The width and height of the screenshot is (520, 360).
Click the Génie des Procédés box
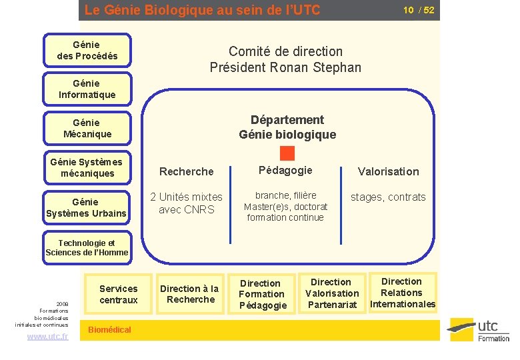click(87, 51)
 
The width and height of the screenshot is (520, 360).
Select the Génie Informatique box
click(87, 89)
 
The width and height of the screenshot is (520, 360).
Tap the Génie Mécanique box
click(87, 128)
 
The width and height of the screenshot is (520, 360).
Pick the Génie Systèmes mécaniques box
click(87, 167)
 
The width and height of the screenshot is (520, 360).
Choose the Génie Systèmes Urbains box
click(87, 207)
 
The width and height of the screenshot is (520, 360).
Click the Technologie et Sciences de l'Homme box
click(87, 247)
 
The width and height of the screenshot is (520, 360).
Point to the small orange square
click(287, 153)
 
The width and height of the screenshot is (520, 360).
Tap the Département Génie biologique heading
click(287, 127)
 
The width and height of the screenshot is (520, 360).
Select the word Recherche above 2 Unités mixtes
click(187, 171)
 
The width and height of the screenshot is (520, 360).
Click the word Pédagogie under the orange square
click(285, 170)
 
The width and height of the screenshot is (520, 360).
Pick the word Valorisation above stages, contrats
click(388, 171)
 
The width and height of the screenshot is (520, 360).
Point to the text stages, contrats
click(388, 197)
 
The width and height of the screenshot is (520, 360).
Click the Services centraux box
click(119, 294)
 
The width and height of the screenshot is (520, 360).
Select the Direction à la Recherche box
click(190, 294)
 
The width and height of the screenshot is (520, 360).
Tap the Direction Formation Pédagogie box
click(262, 294)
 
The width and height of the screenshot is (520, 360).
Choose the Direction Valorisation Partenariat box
click(331, 293)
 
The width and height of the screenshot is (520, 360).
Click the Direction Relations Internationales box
click(402, 293)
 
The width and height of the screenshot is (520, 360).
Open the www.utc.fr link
click(47, 337)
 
